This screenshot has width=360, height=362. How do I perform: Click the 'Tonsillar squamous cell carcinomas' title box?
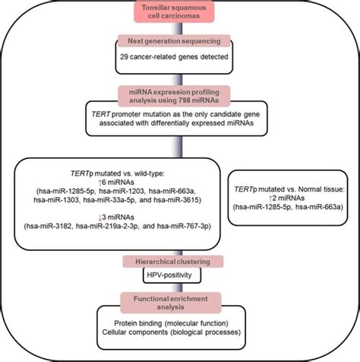(180, 13)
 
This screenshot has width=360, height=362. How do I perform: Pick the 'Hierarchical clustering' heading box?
(180, 262)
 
